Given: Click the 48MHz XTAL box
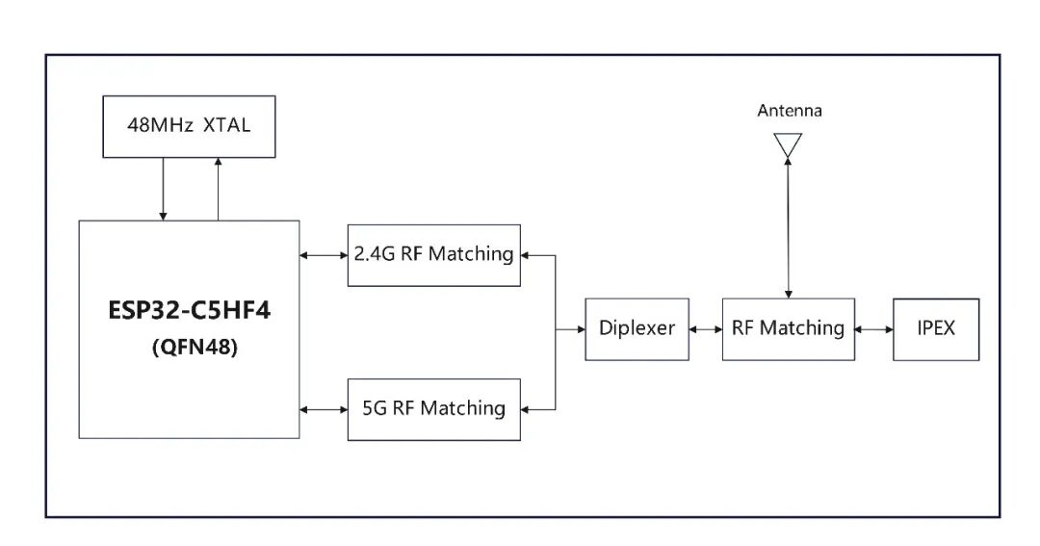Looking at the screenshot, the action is [x=189, y=127].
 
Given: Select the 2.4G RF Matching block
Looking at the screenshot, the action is [x=433, y=255].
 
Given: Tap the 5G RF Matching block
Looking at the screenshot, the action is [x=433, y=409].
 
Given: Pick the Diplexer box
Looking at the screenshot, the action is [x=637, y=329].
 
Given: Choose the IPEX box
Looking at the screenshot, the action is [x=936, y=329].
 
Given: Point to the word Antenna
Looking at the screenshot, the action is [x=790, y=110].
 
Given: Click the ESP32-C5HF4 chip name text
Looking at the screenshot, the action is [x=189, y=310].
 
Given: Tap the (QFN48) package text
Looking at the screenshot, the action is [x=195, y=347].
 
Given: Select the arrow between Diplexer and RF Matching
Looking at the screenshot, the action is [x=706, y=329].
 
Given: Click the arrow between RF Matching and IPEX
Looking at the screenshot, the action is [x=873, y=329].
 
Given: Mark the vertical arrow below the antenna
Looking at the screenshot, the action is [x=788, y=228].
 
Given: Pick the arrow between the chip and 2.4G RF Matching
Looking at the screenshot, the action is [x=324, y=255].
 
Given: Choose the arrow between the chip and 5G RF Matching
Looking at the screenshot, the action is [x=324, y=409].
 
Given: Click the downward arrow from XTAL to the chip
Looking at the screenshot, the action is [x=163, y=189].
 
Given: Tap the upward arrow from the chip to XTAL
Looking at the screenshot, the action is [x=219, y=189].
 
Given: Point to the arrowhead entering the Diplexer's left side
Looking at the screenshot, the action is [x=581, y=329].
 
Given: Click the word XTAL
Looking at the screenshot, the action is [x=227, y=125].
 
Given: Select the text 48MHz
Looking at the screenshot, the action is [x=160, y=125].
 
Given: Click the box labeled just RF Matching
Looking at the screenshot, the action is [x=788, y=329].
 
